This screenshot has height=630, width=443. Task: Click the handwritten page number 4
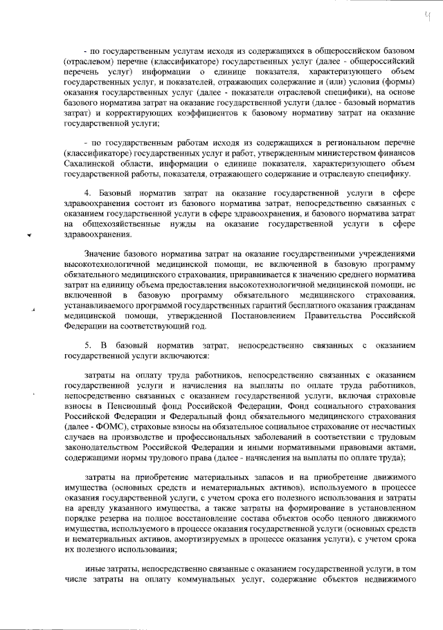[x=428, y=15]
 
